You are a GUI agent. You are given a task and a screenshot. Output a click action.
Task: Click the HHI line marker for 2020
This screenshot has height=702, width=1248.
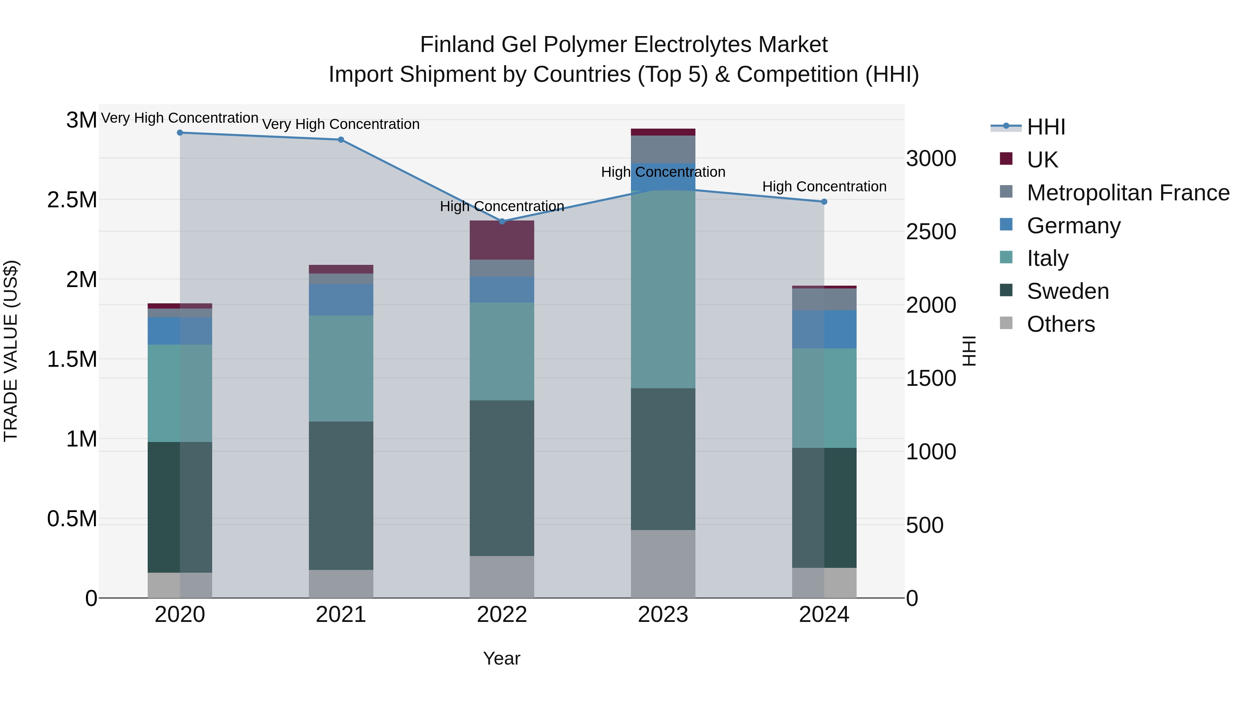(180, 133)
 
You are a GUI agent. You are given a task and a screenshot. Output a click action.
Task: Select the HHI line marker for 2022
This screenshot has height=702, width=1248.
(502, 222)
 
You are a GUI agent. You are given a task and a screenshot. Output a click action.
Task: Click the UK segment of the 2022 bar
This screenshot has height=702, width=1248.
(502, 240)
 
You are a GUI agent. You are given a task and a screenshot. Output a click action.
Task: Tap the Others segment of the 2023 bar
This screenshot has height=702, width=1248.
(663, 564)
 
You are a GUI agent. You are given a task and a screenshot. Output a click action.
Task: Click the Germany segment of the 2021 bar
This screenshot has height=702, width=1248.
(341, 300)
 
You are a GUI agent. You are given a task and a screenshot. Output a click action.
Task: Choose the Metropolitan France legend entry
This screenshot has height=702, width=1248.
(1128, 193)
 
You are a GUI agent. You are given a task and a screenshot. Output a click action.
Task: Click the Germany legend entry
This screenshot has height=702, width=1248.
(1074, 226)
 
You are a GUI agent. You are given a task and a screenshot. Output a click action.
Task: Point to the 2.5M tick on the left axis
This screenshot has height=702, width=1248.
(72, 200)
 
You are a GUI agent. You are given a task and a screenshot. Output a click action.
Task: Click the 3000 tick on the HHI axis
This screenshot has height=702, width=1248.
(931, 159)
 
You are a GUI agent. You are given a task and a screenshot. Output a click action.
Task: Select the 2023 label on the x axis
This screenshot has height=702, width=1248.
(663, 615)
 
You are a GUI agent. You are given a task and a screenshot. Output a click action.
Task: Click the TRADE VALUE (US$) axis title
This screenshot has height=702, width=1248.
(11, 351)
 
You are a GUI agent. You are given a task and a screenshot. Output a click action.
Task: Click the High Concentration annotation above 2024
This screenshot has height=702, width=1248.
(824, 187)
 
